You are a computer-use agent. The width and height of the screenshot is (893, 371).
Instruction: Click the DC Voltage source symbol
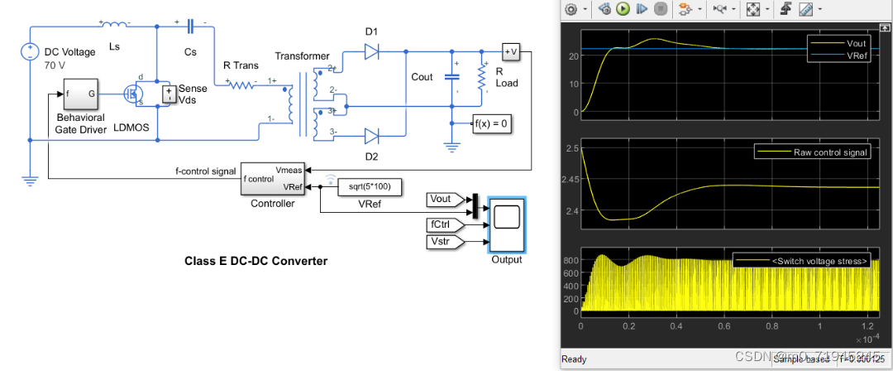click(x=29, y=52)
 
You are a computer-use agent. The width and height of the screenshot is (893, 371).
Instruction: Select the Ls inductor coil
click(x=114, y=25)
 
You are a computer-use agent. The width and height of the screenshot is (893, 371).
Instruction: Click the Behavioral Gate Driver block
click(x=80, y=96)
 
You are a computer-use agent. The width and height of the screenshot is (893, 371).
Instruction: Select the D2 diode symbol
click(x=371, y=135)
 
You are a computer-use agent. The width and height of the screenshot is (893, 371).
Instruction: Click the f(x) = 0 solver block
click(x=493, y=123)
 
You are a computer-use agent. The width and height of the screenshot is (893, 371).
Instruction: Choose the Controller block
click(x=272, y=179)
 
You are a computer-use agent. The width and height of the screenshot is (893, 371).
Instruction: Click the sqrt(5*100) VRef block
click(x=370, y=187)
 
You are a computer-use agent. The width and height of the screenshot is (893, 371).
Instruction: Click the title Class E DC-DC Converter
click(x=255, y=261)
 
